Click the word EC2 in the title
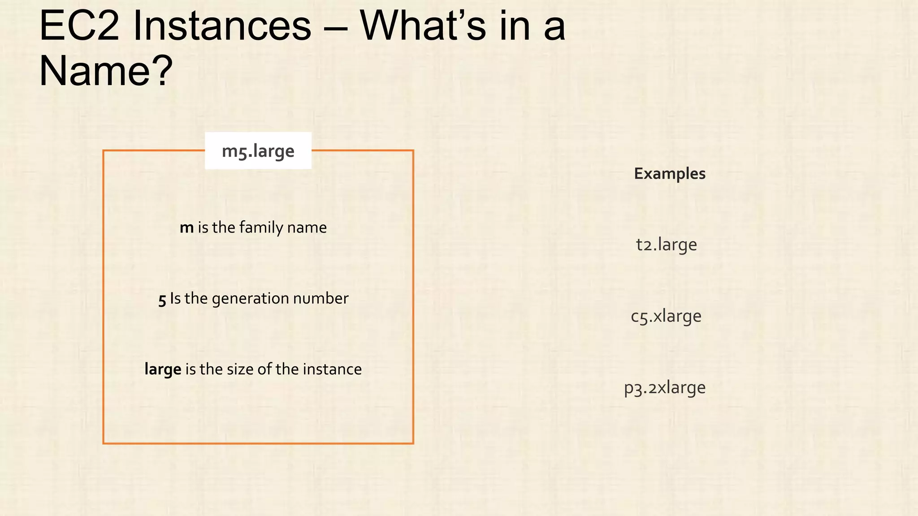click(x=79, y=27)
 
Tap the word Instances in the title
click(x=222, y=27)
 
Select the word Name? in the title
click(x=106, y=71)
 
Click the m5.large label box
click(x=258, y=151)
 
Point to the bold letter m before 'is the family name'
click(x=186, y=228)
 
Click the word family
click(x=261, y=228)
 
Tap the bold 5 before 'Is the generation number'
click(x=162, y=299)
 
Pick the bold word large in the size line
click(x=163, y=370)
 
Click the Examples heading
click(x=670, y=174)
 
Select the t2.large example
click(x=667, y=245)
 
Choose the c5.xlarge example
click(x=666, y=316)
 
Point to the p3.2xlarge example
click(x=665, y=387)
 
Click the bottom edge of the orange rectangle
click(x=258, y=443)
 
